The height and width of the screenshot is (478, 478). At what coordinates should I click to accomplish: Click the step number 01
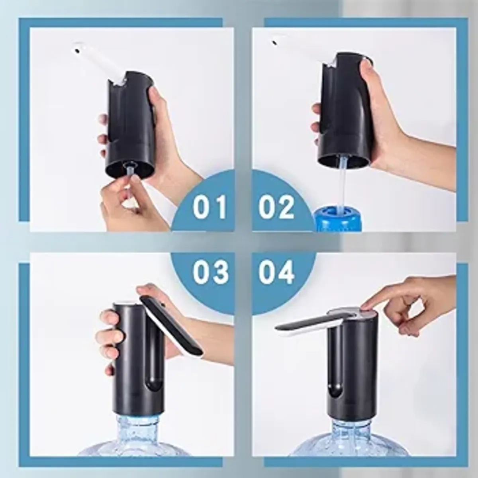(210, 206)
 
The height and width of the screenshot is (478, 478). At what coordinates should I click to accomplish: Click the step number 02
(276, 206)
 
